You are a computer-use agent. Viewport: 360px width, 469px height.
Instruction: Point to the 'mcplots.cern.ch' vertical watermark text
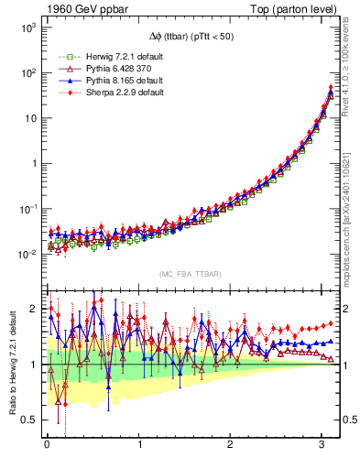(x=351, y=229)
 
